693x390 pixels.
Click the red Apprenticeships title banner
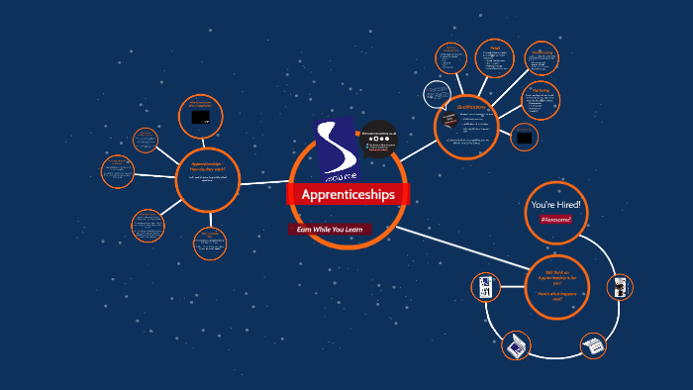point(347,195)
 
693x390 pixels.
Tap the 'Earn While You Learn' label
point(331,230)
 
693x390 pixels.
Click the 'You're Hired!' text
point(556,204)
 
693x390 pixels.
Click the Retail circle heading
point(495,48)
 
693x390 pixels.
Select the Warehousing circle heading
point(542,52)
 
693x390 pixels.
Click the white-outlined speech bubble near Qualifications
point(437,94)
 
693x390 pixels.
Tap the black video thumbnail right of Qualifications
point(524,137)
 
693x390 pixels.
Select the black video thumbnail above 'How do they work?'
point(201,117)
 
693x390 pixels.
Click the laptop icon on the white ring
point(516,345)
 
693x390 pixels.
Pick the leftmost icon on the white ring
point(485,288)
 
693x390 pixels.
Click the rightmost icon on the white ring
point(620,287)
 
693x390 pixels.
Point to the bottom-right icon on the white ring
point(593,345)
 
